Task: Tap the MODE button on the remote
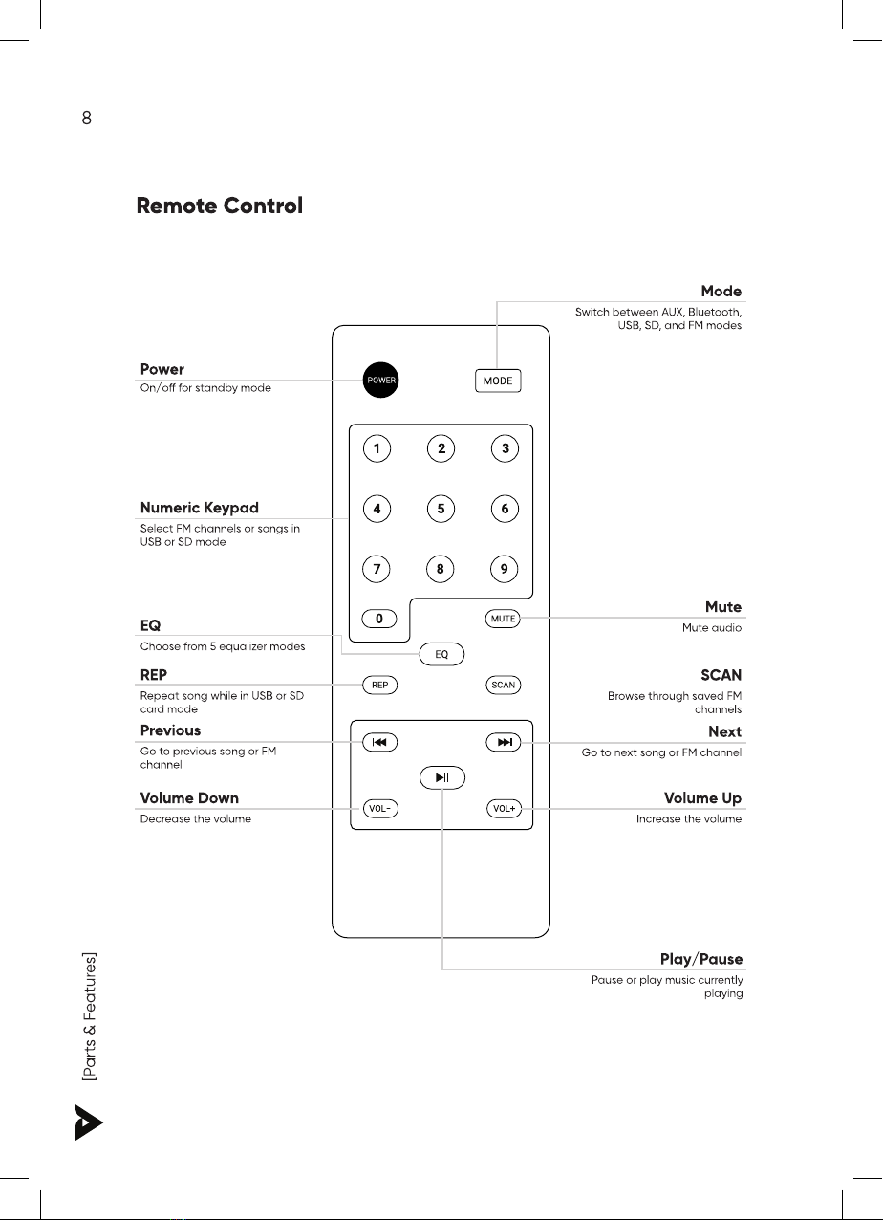[498, 381]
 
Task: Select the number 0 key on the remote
[379, 619]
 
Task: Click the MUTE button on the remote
[503, 619]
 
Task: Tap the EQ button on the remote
[441, 654]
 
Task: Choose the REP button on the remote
[379, 685]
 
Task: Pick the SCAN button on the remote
[503, 685]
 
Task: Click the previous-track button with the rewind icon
[379, 742]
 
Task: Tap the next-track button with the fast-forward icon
[503, 742]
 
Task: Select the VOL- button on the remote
[379, 809]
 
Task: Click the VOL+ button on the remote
[503, 809]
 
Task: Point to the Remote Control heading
[220, 206]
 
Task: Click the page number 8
[87, 120]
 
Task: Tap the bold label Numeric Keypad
[200, 508]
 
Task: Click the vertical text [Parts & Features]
[89, 1016]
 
